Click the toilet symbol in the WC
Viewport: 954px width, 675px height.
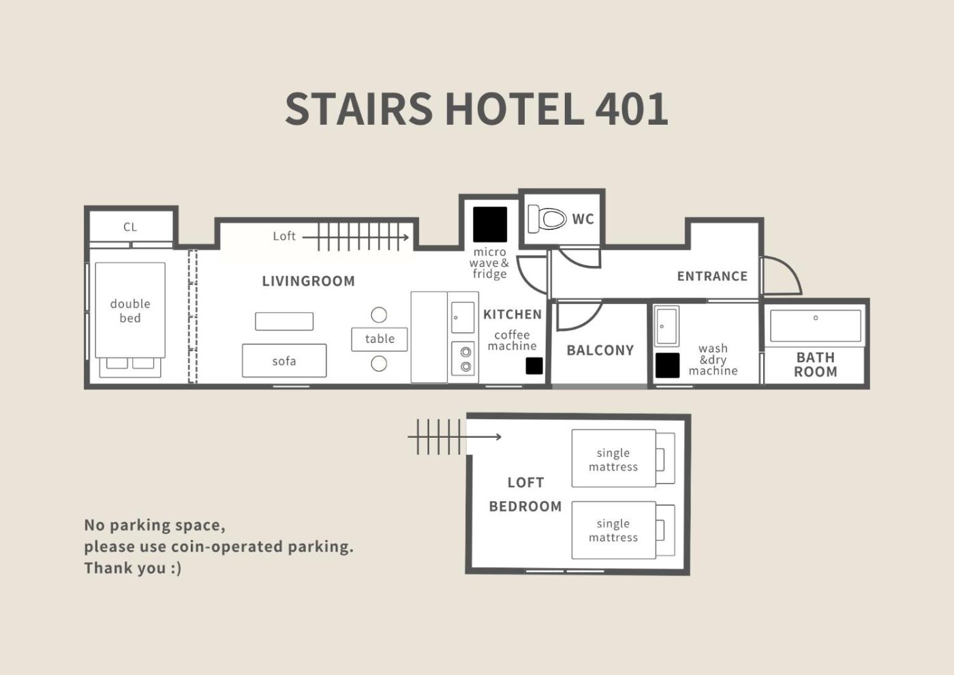tap(547, 219)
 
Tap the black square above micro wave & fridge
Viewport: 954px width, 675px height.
tap(490, 224)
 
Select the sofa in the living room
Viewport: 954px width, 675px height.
tap(284, 361)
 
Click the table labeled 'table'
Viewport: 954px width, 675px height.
tap(379, 340)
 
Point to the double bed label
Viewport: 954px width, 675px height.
tap(130, 311)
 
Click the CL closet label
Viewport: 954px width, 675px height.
tap(130, 227)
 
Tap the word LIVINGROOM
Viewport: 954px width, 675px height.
tap(308, 281)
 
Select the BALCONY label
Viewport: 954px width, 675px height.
tap(600, 350)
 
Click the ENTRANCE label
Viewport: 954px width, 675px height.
tap(712, 276)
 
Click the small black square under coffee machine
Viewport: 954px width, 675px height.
tap(534, 365)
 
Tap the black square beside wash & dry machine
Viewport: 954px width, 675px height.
tap(667, 365)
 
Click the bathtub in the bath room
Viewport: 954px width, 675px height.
tap(815, 326)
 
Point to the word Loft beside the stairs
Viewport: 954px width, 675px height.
tap(284, 236)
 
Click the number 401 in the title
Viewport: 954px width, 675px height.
tap(632, 109)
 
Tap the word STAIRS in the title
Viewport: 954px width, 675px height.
tap(359, 109)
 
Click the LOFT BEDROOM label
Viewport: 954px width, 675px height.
tap(525, 494)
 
